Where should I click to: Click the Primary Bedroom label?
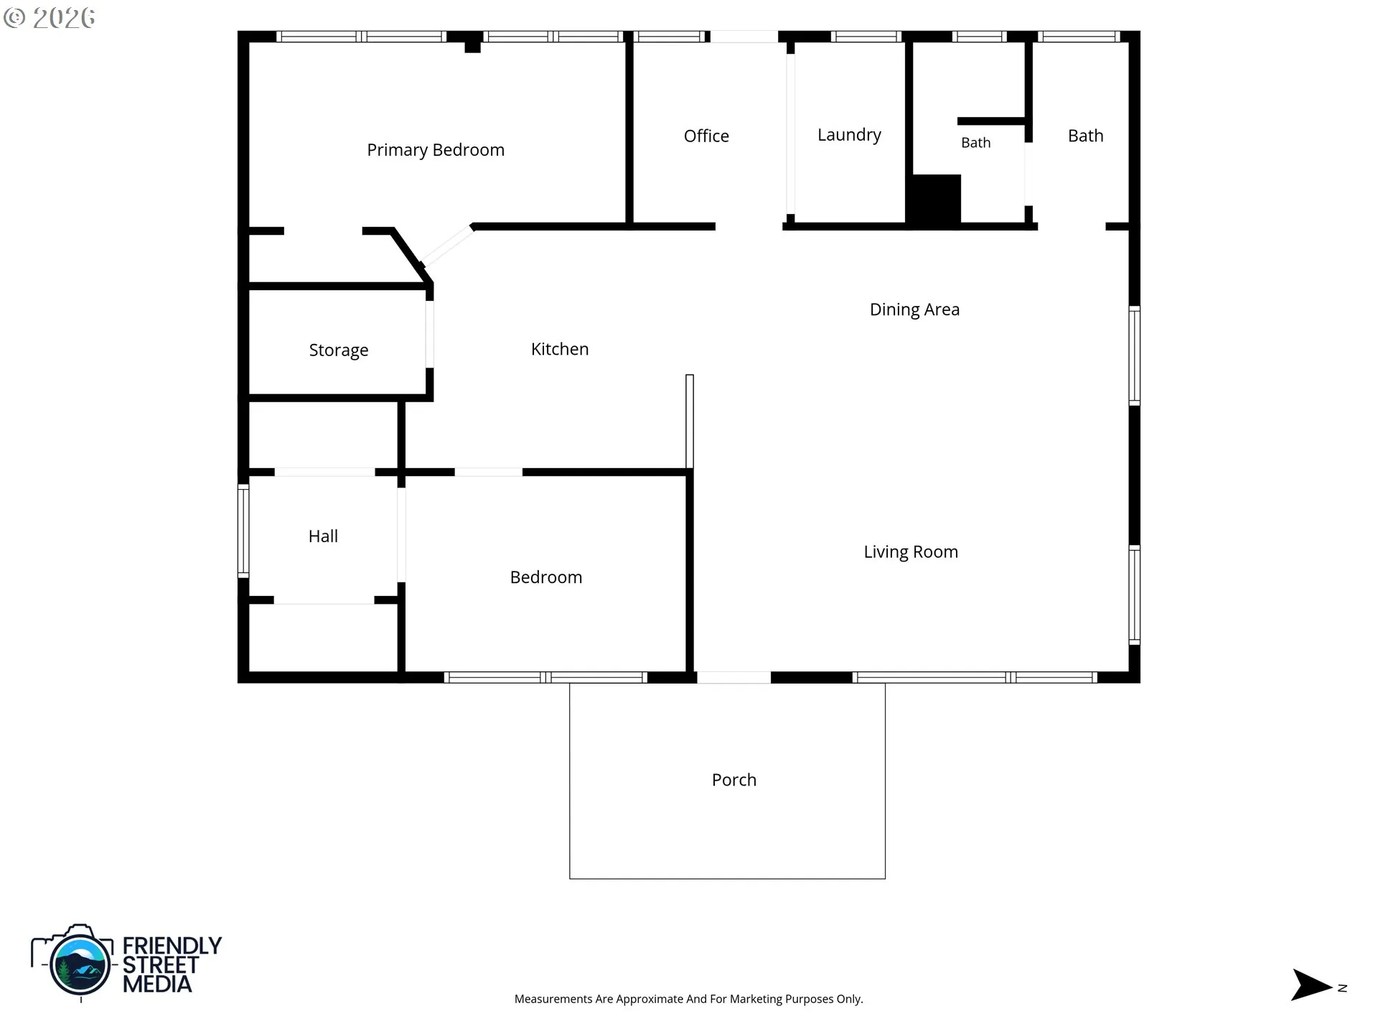point(436,150)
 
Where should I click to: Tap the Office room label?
point(706,136)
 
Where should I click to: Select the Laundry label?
point(849,135)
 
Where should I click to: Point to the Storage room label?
point(339,350)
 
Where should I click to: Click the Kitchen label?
point(560,349)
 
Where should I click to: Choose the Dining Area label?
point(914,309)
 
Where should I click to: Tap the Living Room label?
point(911,552)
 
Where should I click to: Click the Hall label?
point(323,536)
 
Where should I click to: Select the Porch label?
point(734,780)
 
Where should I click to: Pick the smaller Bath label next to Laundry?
point(976,143)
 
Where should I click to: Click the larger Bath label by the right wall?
point(1086,136)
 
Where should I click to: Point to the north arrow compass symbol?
point(1312,985)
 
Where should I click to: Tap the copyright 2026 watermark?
point(50,18)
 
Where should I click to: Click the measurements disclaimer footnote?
point(689,999)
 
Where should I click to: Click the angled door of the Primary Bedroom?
point(446,246)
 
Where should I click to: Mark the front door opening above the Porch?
point(733,677)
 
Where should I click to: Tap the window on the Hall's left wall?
point(243,531)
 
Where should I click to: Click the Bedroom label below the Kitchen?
point(546,577)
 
